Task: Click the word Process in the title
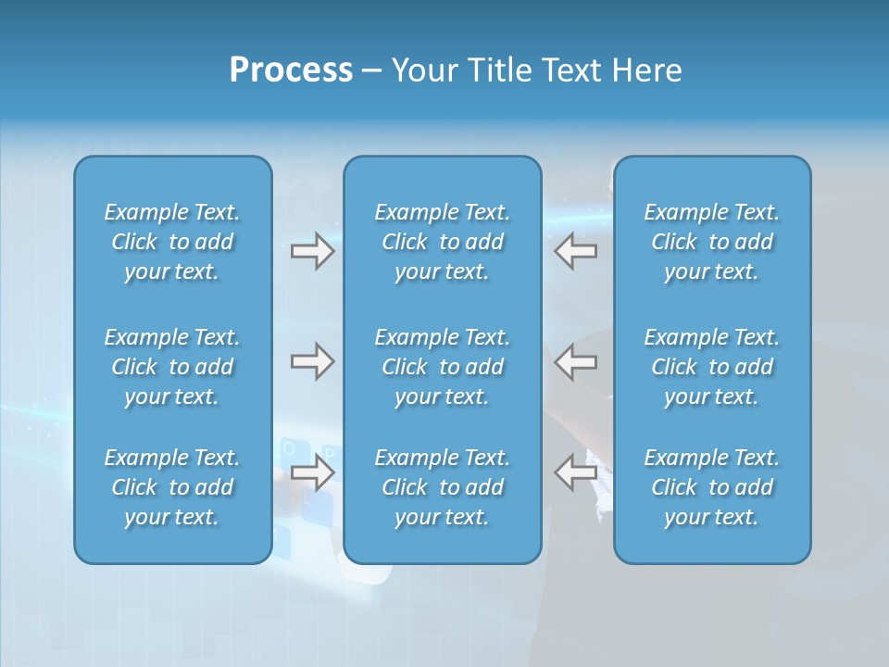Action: tap(291, 70)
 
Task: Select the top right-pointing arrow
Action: tap(312, 251)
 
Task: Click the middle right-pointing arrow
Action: tap(312, 361)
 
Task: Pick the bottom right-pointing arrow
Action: tap(312, 472)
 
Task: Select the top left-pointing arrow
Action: tap(575, 251)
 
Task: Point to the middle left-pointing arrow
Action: tap(575, 361)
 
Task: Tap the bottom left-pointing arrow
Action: tap(575, 472)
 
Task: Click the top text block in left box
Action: tap(172, 242)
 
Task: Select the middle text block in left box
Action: tap(172, 367)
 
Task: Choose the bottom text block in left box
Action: tap(172, 487)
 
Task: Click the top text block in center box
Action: tap(442, 242)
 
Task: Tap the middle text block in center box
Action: tap(442, 367)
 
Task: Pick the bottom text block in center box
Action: tap(442, 487)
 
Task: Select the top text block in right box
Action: tap(711, 242)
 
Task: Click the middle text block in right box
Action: tap(711, 367)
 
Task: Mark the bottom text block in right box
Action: tap(711, 487)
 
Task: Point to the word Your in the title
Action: tap(423, 70)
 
